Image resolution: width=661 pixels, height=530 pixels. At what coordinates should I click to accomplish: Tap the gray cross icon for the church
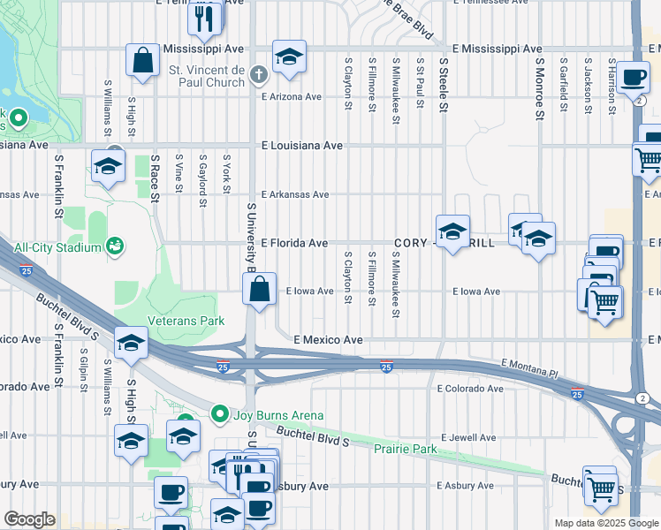tap(258, 75)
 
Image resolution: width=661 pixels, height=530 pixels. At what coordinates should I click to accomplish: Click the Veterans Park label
tap(186, 321)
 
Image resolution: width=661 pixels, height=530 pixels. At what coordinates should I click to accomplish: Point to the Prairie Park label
tap(406, 450)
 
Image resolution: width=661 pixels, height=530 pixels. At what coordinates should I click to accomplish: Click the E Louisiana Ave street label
tap(301, 146)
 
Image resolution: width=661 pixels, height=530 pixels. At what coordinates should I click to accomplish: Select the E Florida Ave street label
tap(294, 243)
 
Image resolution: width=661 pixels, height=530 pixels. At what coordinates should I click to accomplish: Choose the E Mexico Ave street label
tap(329, 339)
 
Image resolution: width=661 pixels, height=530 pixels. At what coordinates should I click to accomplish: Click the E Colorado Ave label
tap(470, 389)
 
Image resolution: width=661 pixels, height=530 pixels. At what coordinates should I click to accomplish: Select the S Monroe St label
tap(539, 86)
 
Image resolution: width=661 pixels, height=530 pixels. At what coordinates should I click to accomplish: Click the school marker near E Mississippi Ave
tap(289, 56)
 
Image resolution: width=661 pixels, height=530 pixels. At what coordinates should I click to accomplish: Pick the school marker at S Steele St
tap(452, 231)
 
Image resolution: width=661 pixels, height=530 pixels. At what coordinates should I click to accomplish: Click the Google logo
tap(29, 519)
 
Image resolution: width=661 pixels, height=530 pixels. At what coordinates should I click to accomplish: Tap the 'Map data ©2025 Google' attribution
tap(606, 523)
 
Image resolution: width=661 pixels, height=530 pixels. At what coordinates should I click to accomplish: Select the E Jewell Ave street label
tap(467, 437)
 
